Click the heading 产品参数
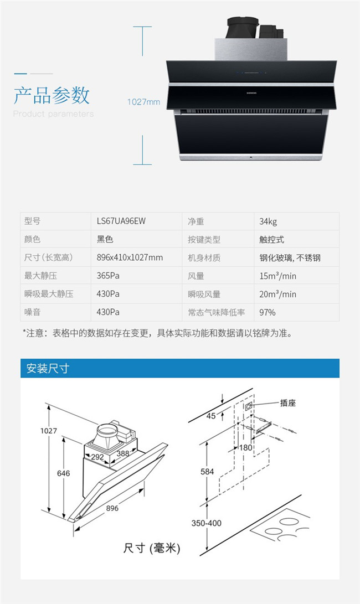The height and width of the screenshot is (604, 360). coord(52,95)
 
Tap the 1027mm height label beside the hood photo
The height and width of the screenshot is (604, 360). coord(143,102)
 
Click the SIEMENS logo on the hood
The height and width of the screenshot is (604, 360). coord(251,93)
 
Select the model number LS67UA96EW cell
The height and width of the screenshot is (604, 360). coord(121,221)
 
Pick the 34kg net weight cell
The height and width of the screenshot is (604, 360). coord(268,221)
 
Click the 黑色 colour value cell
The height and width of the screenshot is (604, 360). coord(105,239)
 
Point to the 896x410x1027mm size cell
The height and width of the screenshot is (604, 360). coord(130,257)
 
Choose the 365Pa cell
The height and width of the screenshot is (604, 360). coord(108,275)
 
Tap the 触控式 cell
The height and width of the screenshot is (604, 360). coord(271,240)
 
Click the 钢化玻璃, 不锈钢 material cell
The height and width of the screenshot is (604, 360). coord(290,257)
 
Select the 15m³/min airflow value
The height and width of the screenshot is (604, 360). coord(277,276)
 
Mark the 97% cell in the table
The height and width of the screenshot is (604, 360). coord(267,312)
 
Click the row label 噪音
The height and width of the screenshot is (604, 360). coord(32,312)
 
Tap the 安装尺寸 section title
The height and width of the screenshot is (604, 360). coord(48,368)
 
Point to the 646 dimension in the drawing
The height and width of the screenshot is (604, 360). coord(64,473)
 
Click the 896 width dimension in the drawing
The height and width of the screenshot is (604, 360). coord(112,508)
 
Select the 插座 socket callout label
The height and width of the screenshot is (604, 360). coord(288,403)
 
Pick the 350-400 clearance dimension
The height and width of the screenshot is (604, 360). coord(207,523)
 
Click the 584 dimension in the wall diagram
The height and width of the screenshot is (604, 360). coord(207,472)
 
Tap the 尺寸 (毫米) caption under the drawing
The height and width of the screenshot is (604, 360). coord(152,548)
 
